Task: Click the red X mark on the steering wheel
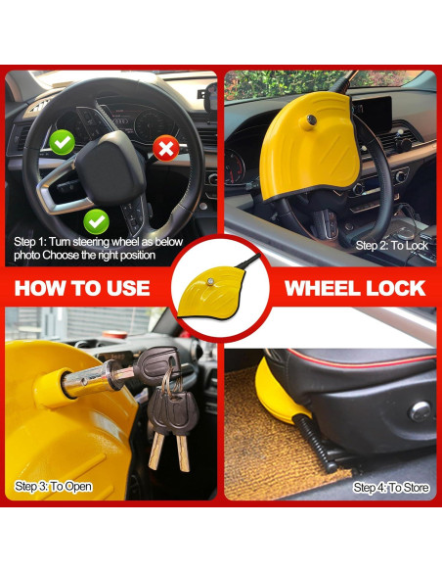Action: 165,148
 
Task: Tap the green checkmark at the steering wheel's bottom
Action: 96,220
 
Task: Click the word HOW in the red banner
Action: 42,287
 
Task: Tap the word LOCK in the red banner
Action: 396,287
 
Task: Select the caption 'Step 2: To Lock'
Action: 392,245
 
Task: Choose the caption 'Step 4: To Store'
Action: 390,487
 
